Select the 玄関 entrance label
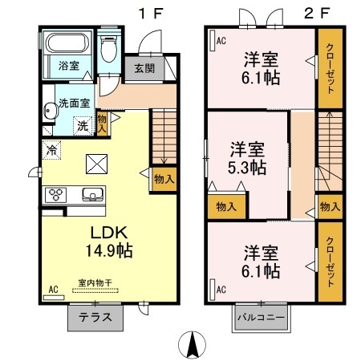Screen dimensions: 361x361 pyautogui.click(x=144, y=68)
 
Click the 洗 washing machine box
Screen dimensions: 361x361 pyautogui.click(x=81, y=124)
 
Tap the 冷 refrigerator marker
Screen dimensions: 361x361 pyautogui.click(x=51, y=148)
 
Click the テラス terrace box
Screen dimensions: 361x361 pyautogui.click(x=95, y=317)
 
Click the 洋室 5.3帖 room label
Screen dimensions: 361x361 pyautogui.click(x=247, y=158)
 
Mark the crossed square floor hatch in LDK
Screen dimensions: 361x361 pyautogui.click(x=96, y=164)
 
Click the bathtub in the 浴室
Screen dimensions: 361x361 pyautogui.click(x=65, y=43)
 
